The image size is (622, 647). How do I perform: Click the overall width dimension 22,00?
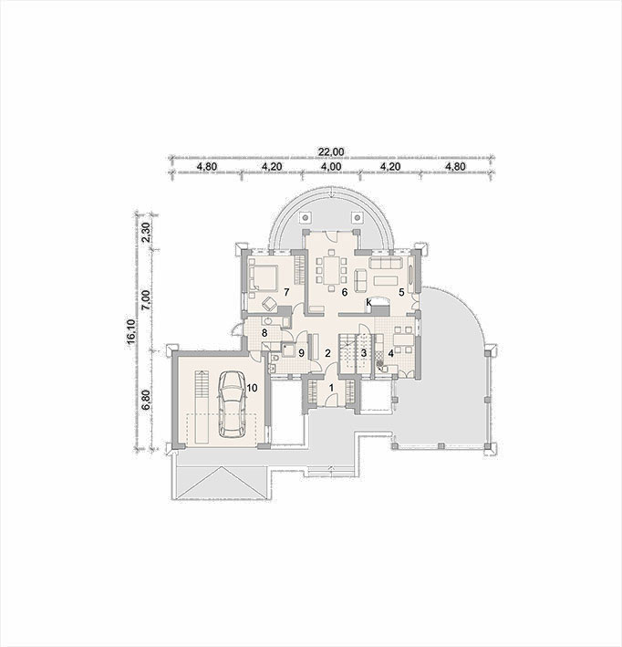click(331, 151)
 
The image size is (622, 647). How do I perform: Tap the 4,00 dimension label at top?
click(331, 167)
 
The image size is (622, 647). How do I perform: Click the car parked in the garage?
click(231, 404)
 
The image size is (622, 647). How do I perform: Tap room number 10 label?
click(252, 388)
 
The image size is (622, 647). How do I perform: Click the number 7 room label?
click(286, 292)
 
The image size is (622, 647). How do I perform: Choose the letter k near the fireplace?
click(369, 303)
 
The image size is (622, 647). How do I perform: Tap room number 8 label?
click(264, 332)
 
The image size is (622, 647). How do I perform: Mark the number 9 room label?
click(302, 353)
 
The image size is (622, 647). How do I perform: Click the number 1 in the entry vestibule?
click(331, 388)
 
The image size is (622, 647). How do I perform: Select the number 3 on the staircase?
click(363, 353)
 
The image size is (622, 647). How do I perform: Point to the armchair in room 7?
click(270, 303)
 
